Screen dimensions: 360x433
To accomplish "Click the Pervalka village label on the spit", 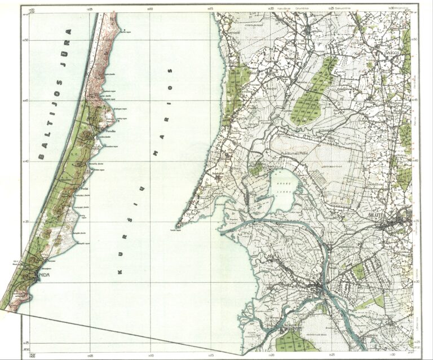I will click(x=103, y=128).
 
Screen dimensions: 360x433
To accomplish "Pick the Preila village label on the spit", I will click(x=85, y=188).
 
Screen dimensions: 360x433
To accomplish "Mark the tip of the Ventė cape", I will click(x=176, y=227).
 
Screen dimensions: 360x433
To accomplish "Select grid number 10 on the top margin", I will click(x=149, y=8).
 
